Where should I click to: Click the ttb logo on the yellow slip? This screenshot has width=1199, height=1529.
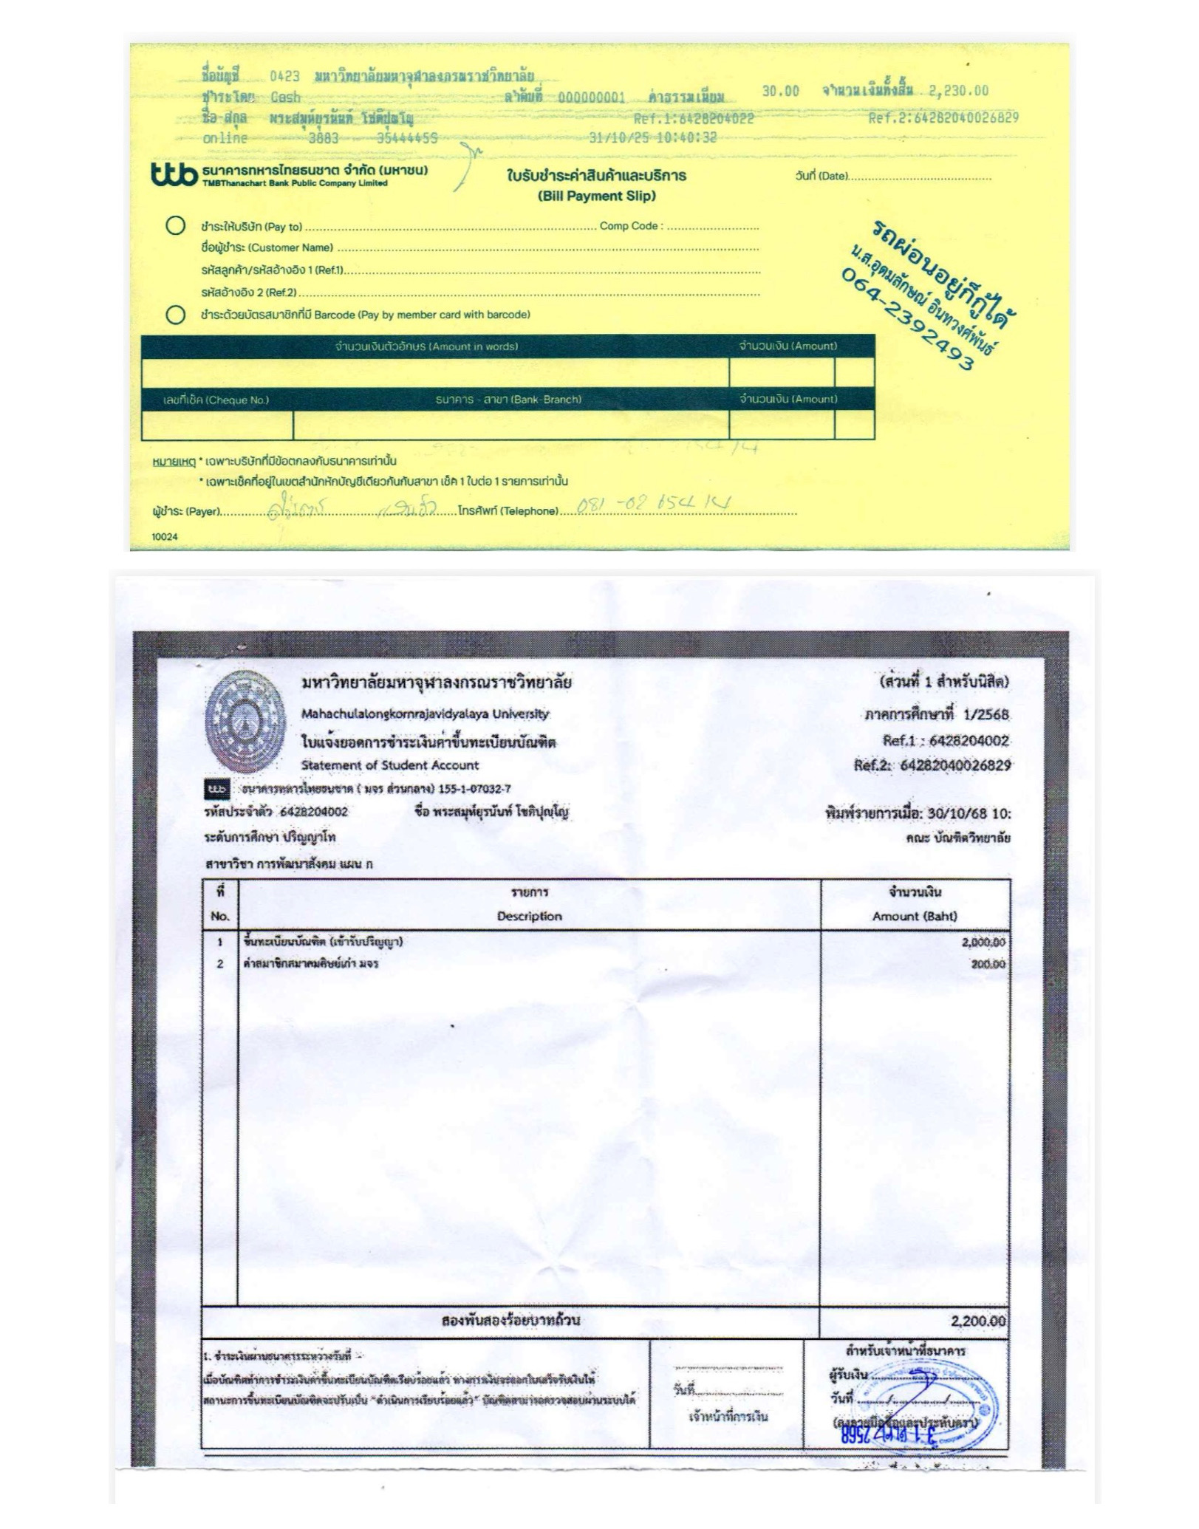tap(174, 174)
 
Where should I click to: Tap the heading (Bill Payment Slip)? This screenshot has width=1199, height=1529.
tap(596, 196)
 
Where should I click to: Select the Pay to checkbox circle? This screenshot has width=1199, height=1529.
tap(176, 225)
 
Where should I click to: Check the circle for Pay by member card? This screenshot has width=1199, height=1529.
tap(176, 315)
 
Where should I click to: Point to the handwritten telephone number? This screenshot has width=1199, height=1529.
tap(653, 505)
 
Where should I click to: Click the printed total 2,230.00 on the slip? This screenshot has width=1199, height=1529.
tap(958, 91)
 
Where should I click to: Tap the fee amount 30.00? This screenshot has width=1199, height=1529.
tap(780, 91)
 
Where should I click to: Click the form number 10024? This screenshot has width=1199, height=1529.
tap(165, 537)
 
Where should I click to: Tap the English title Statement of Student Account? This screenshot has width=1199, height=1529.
tap(389, 765)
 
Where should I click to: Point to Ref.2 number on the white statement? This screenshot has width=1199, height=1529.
tap(954, 765)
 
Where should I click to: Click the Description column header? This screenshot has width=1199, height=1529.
tap(529, 916)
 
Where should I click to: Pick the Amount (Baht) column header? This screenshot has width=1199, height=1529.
tap(915, 916)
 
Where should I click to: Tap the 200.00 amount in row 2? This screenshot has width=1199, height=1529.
tap(988, 964)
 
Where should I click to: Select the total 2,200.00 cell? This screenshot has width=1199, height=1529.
tap(978, 1321)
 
